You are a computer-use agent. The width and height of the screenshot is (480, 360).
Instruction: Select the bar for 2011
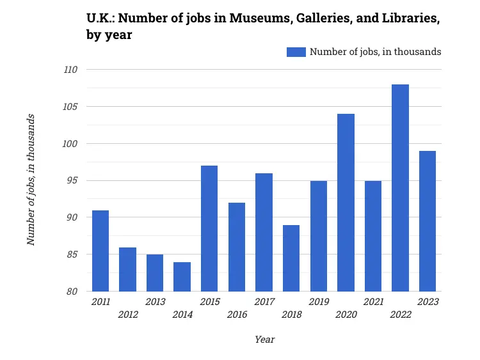click(100, 251)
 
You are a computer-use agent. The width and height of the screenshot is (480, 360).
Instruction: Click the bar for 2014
click(182, 277)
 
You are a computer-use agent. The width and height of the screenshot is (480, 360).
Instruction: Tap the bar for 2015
click(209, 228)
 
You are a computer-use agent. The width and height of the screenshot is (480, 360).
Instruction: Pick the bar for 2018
click(291, 258)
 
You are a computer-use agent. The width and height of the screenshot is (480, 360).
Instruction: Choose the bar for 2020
click(346, 203)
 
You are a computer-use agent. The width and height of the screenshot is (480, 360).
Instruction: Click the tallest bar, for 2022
click(400, 188)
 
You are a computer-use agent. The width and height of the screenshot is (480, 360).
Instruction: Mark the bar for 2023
click(428, 221)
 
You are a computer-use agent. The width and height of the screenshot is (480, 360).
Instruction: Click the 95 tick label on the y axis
click(72, 180)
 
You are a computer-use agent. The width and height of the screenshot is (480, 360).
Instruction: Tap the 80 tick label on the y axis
click(72, 292)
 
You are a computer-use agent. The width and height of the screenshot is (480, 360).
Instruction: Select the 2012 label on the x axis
click(128, 314)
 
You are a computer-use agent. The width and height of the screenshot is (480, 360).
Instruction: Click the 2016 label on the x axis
click(237, 314)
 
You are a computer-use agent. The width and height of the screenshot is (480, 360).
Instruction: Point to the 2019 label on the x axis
click(318, 302)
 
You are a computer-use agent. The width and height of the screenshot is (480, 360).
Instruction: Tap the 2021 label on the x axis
click(373, 302)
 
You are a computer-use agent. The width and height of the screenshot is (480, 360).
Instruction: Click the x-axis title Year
click(264, 339)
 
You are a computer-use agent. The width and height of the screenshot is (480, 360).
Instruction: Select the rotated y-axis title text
click(31, 180)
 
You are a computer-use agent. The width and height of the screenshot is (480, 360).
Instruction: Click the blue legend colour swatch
click(296, 52)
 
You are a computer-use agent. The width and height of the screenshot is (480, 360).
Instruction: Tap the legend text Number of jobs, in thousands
click(375, 52)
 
